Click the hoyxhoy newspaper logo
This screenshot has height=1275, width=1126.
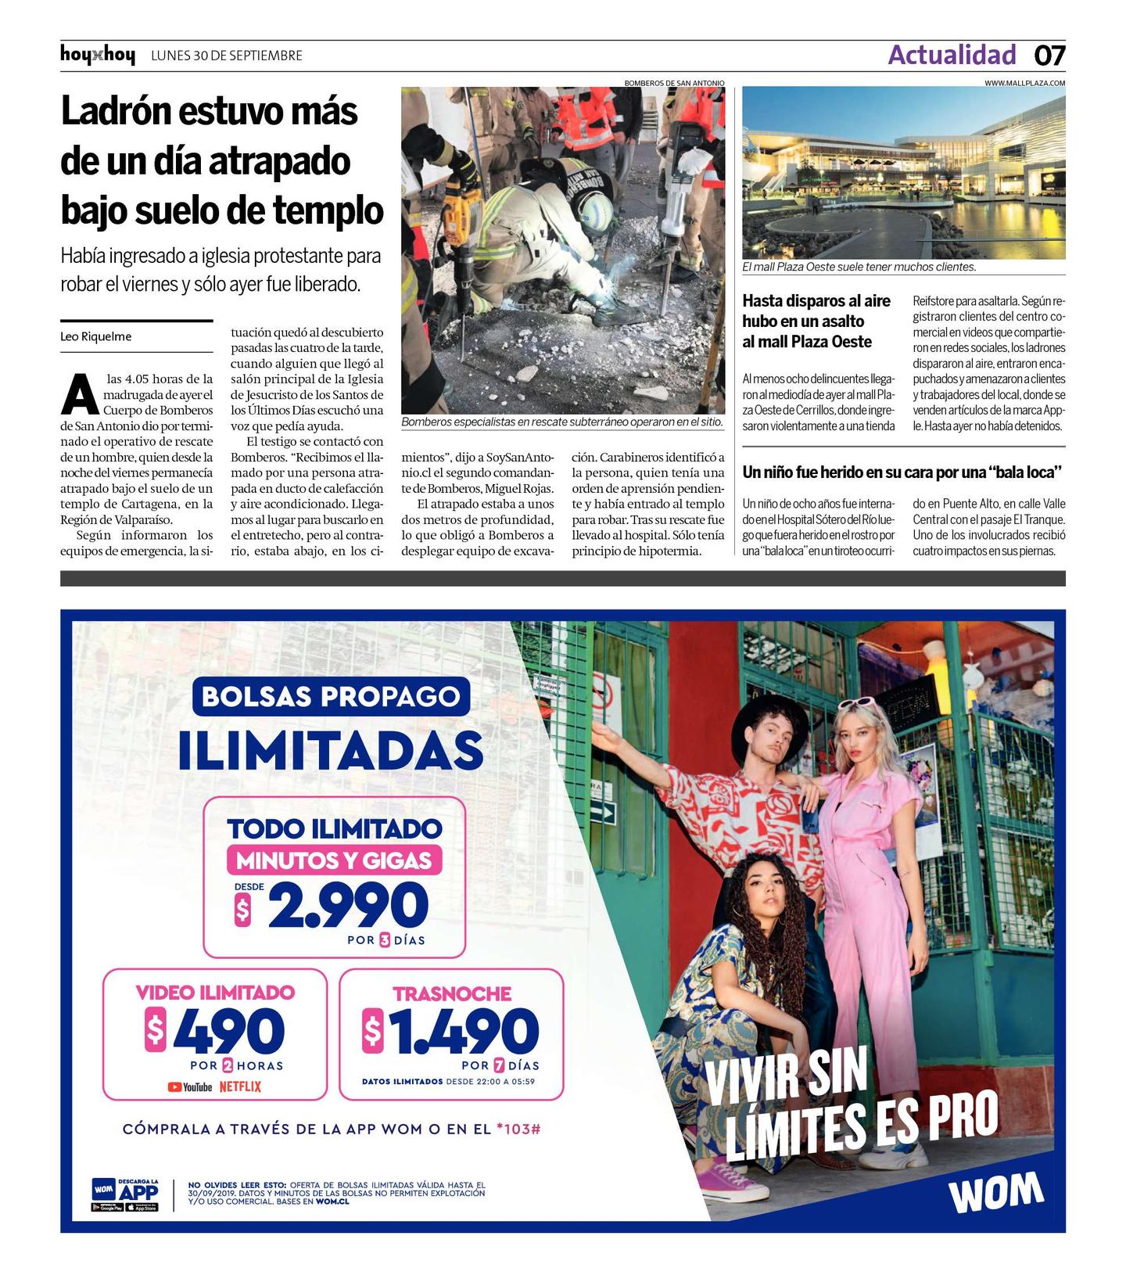97,56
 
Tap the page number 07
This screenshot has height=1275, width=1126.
1049,56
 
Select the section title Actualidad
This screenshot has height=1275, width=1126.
952,55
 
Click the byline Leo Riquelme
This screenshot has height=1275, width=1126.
96,336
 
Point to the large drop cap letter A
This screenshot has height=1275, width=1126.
80,395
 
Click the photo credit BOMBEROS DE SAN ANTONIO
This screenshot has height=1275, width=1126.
674,83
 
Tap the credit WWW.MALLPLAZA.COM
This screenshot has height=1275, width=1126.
1024,83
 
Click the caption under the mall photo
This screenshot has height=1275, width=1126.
859,267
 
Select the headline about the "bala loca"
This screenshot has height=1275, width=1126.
902,472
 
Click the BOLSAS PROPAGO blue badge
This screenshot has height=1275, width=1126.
331,696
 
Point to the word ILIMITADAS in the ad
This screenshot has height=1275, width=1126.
331,750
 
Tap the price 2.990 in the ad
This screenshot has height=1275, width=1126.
348,907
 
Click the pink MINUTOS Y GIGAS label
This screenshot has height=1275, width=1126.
334,860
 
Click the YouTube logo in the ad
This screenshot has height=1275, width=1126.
190,1086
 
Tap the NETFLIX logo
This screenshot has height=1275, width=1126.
240,1086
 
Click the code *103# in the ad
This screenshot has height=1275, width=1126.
518,1129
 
